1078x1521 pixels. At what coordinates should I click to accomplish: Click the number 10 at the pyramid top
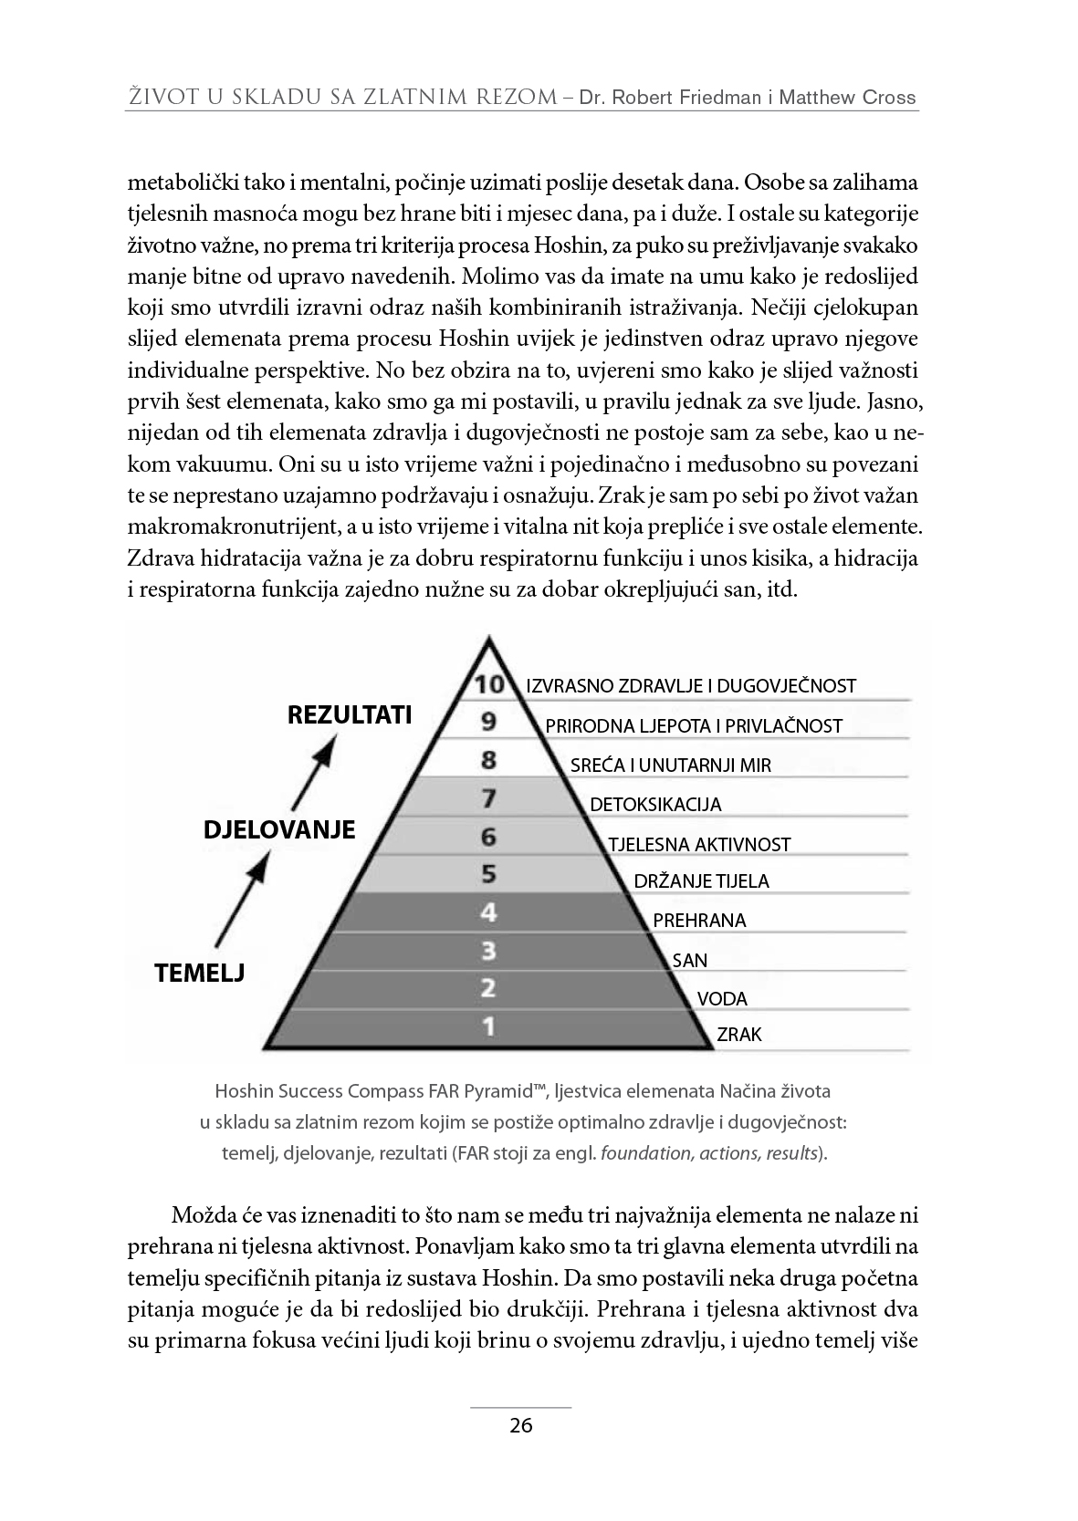(489, 684)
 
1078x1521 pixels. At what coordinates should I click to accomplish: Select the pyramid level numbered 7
(489, 799)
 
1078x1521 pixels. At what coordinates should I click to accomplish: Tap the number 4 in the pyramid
(489, 912)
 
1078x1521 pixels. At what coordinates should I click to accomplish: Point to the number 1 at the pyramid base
(489, 1027)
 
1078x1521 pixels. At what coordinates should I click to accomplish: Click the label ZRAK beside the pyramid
(739, 1035)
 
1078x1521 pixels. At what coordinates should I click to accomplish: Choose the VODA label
(722, 998)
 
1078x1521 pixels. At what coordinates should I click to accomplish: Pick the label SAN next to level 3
(690, 960)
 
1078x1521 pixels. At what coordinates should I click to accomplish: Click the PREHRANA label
(700, 921)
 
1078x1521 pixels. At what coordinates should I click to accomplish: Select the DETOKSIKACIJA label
(655, 805)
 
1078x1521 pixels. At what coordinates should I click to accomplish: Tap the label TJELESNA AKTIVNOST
(699, 845)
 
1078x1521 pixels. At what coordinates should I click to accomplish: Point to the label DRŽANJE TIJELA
(702, 881)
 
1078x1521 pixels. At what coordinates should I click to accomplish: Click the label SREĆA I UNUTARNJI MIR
(671, 766)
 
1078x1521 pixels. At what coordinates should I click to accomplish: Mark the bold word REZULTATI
(350, 714)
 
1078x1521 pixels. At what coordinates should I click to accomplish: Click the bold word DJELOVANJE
(278, 830)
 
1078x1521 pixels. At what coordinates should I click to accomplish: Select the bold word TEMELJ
(200, 973)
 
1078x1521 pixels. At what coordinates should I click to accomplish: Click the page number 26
(521, 1426)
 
